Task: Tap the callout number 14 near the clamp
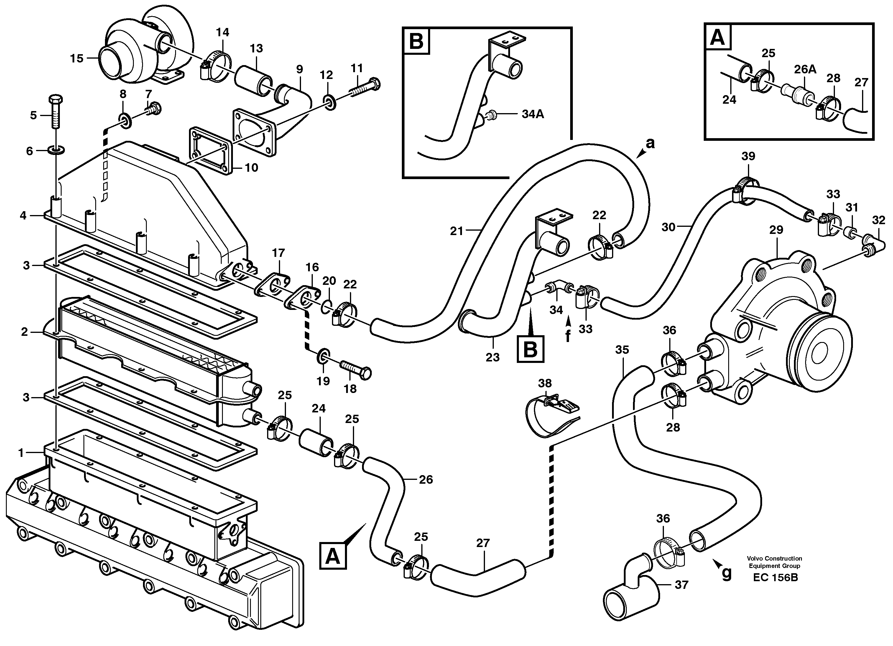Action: pyautogui.click(x=223, y=32)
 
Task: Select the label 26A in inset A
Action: pyautogui.click(x=805, y=69)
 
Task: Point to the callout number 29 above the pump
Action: pyautogui.click(x=776, y=230)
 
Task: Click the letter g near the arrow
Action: pyautogui.click(x=727, y=573)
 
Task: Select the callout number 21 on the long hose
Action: pyautogui.click(x=456, y=231)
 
